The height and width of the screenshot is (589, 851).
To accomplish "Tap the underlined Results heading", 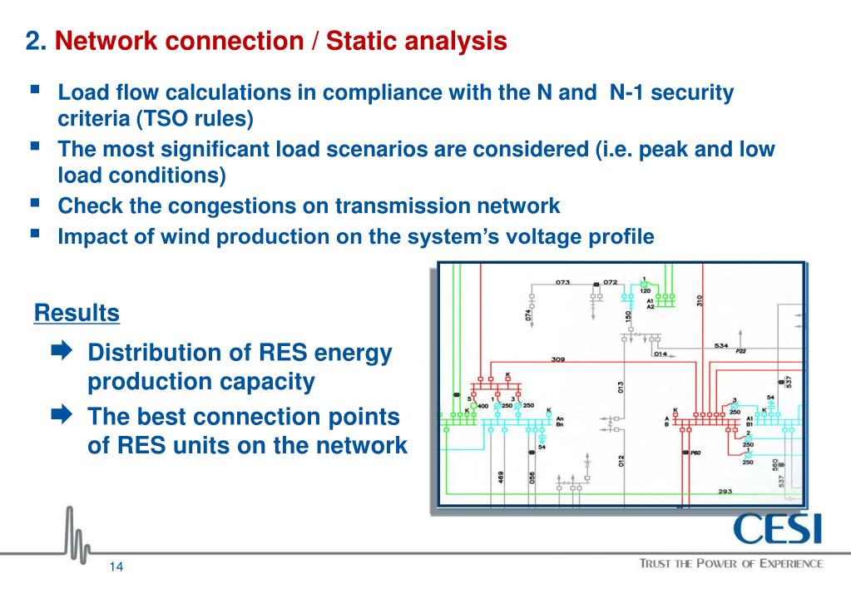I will pos(77,314).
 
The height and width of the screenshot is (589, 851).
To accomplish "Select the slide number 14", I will pos(116,567).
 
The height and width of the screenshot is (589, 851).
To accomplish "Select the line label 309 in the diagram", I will pos(558,360).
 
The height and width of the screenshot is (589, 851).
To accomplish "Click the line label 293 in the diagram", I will pos(725,492).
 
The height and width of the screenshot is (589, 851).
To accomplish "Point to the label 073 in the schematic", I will pos(563,282).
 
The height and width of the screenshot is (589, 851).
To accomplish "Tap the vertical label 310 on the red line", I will pos(700,301).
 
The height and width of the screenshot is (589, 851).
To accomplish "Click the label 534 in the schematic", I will pos(721,345).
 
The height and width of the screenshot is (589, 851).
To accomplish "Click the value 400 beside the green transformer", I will pos(482,405).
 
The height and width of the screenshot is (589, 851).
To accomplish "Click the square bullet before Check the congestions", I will pos(36,203).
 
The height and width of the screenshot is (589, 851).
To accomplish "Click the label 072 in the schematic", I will pos(611,282).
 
